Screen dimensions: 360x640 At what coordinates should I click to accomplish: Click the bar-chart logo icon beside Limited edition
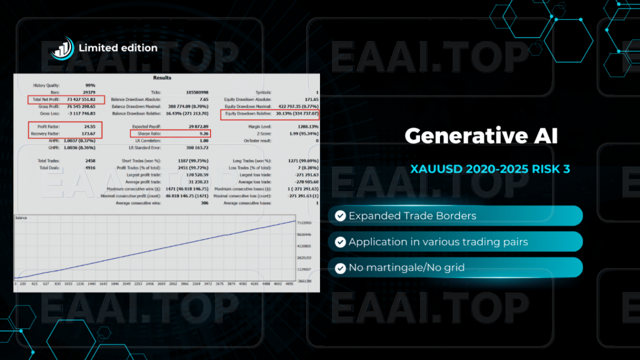(x=62, y=48)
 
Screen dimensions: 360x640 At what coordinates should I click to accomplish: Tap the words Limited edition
(x=118, y=48)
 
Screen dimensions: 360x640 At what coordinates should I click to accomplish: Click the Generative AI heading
(x=480, y=136)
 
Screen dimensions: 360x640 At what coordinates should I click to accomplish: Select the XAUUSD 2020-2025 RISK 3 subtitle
(x=490, y=169)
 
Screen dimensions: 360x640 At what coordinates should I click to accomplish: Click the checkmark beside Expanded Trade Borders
(x=340, y=216)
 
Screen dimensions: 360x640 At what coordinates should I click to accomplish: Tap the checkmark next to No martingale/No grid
(x=340, y=268)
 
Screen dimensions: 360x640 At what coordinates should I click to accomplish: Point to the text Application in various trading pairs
(x=438, y=242)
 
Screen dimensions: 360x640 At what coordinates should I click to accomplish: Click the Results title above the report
(x=162, y=78)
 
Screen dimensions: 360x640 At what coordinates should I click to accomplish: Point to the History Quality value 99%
(x=90, y=85)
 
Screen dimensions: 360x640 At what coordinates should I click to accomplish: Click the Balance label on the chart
(x=21, y=218)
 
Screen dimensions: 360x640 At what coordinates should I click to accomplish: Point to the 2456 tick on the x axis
(x=149, y=283)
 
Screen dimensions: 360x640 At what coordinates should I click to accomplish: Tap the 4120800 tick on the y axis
(x=303, y=246)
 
